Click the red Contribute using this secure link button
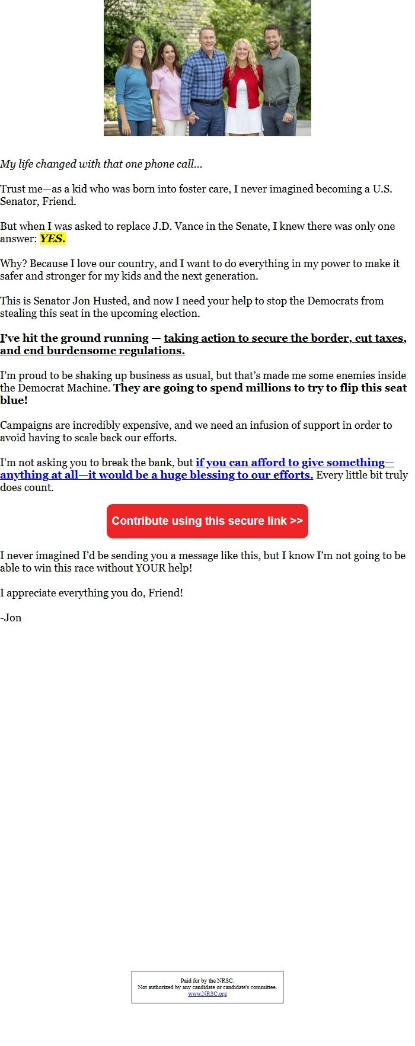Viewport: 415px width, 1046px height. coord(207,521)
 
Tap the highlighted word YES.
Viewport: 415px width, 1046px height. coord(52,239)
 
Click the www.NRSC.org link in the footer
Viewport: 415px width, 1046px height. coord(207,993)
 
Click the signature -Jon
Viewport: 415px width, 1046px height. coord(11,618)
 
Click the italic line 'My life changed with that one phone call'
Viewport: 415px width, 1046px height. coord(101,164)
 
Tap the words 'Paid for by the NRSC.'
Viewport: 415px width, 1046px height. coord(207,980)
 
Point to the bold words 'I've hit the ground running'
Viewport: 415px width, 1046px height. coord(74,338)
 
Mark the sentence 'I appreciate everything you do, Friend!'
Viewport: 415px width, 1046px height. coord(91,593)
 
